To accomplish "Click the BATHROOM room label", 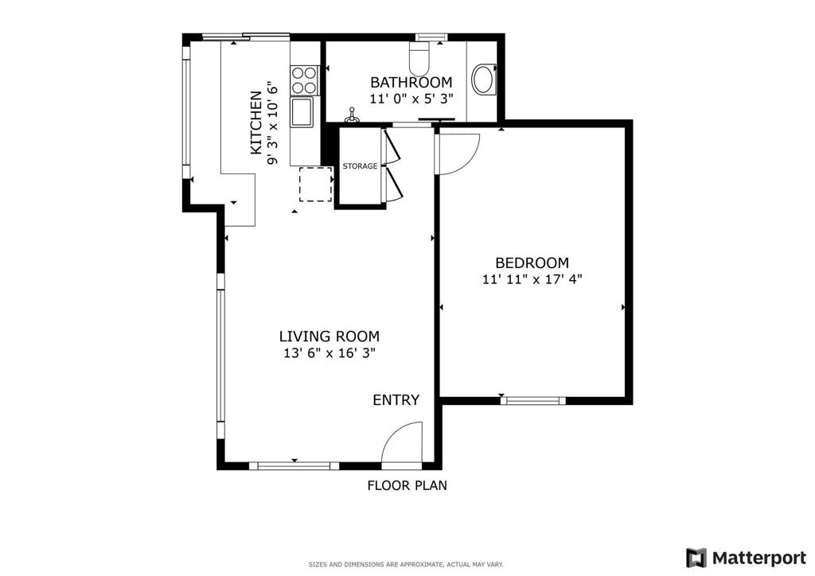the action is [x=411, y=82].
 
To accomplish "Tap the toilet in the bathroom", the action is [x=419, y=58].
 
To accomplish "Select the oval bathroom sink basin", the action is [x=484, y=80].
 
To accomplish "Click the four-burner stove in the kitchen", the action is [x=305, y=80].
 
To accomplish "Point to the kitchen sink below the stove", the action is [x=302, y=112].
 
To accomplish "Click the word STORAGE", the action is [x=360, y=166].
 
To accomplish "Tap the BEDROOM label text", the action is [x=532, y=263].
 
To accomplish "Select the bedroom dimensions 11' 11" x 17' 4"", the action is [x=532, y=279].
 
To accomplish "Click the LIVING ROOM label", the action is [x=329, y=337].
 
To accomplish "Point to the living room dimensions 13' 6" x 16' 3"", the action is [x=329, y=353].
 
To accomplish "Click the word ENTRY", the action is [x=396, y=400].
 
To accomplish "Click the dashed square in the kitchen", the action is [x=315, y=184].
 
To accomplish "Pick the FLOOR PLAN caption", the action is [x=407, y=485].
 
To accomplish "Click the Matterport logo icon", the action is [x=696, y=558].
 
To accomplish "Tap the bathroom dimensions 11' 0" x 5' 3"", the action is [x=411, y=99].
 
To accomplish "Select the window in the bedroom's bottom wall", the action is [x=532, y=400].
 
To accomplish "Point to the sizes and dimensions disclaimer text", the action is [x=406, y=564].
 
